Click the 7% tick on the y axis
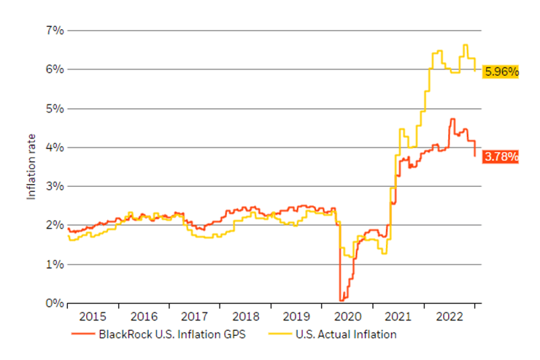click(54, 31)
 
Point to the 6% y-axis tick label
click(54, 69)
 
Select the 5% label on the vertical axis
click(54, 109)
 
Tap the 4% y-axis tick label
click(54, 148)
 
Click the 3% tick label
click(54, 186)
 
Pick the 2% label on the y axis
click(54, 226)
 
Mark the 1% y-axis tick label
click(54, 264)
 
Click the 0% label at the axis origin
click(54, 303)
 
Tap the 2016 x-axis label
click(144, 318)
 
